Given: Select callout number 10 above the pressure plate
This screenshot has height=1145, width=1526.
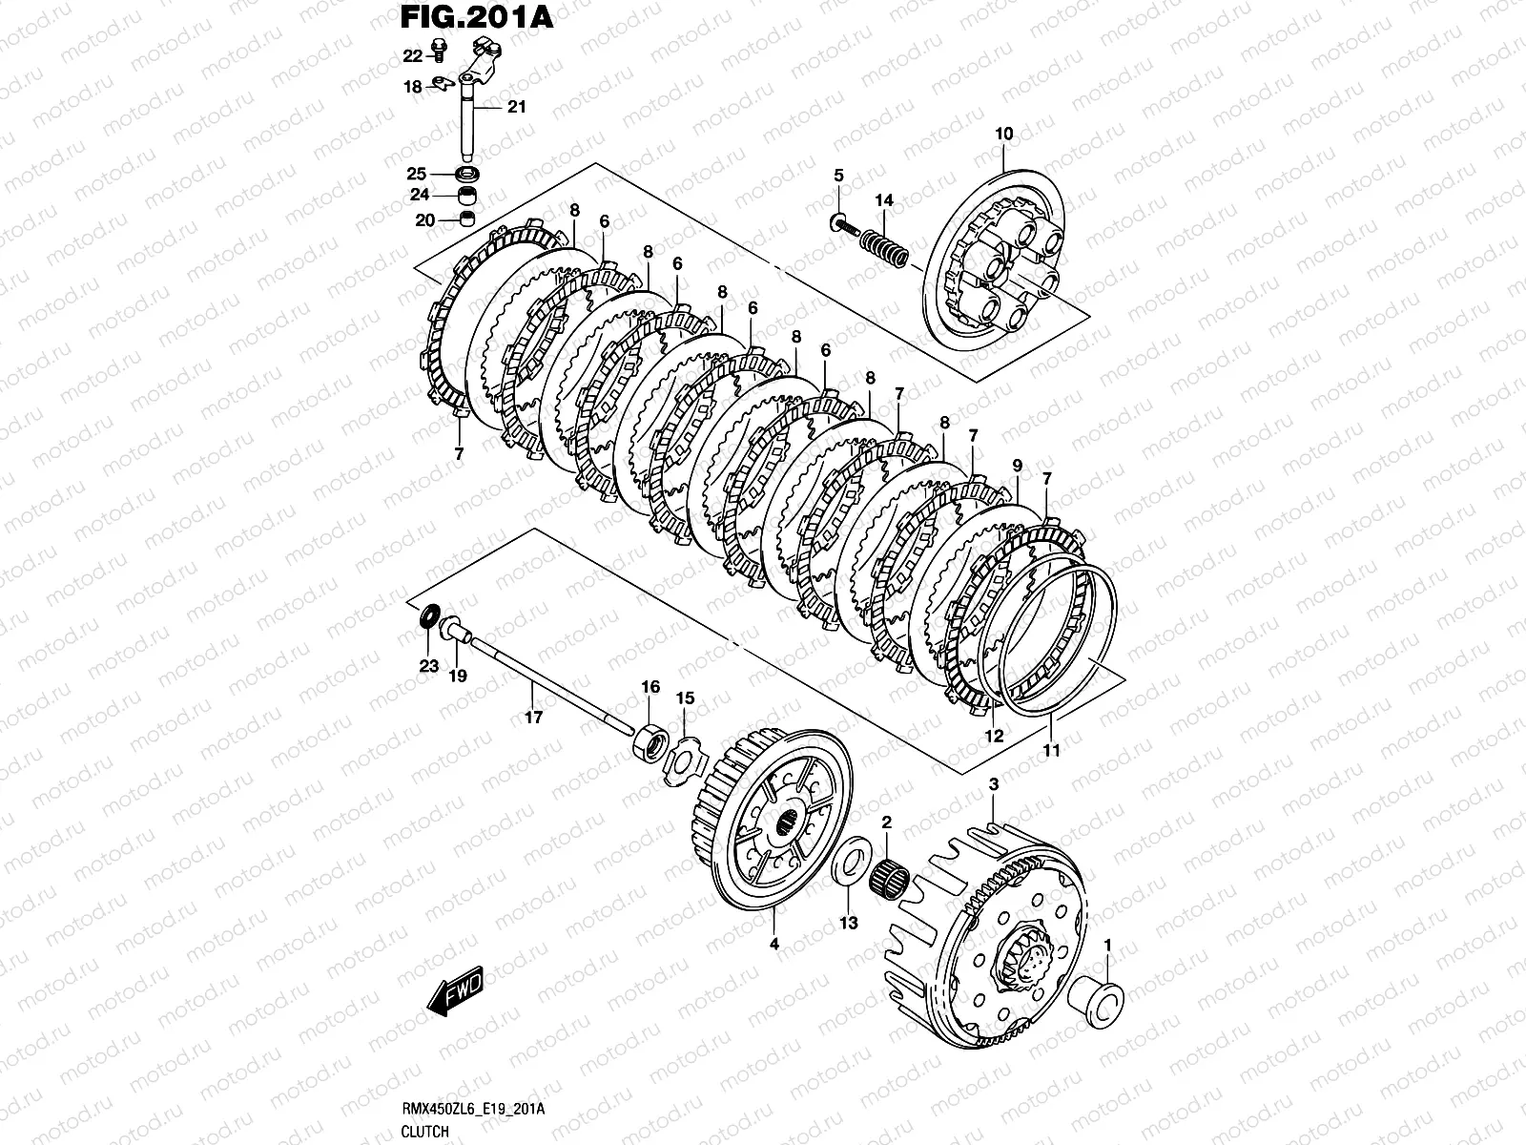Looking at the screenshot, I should (x=1004, y=134).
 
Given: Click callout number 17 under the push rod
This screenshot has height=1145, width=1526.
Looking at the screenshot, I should (x=534, y=717).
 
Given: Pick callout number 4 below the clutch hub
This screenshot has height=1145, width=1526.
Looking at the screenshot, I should (x=774, y=945).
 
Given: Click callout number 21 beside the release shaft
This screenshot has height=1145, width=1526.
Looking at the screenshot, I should (x=516, y=108).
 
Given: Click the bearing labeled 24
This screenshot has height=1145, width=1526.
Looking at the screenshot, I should (x=468, y=198).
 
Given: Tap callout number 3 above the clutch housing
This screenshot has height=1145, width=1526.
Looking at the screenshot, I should (x=993, y=784).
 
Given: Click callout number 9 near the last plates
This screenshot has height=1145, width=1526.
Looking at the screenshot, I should (x=1017, y=466).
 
